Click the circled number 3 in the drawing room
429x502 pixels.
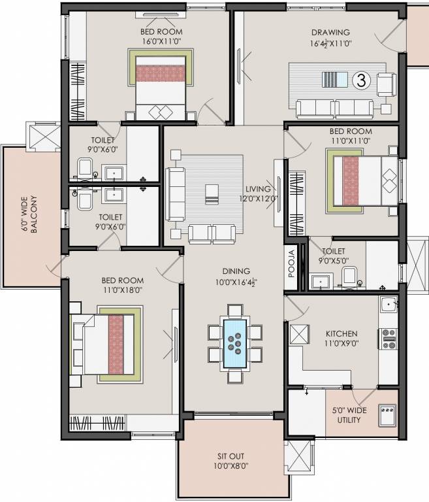click(x=360, y=80)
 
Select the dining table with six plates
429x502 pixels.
click(x=235, y=343)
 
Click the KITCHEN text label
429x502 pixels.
click(x=342, y=333)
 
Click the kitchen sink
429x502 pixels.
click(x=389, y=305)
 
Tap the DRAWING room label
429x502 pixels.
click(x=330, y=32)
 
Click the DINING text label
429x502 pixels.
click(x=235, y=271)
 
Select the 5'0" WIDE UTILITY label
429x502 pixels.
click(x=349, y=415)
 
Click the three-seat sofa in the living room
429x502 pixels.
click(x=176, y=194)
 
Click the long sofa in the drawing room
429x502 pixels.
click(x=334, y=108)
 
